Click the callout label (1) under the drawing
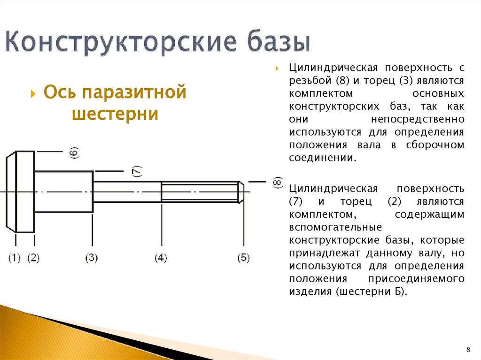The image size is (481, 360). pyautogui.click(x=15, y=258)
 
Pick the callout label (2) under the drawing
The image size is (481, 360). pyautogui.click(x=33, y=258)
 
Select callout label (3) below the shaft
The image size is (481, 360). pyautogui.click(x=91, y=258)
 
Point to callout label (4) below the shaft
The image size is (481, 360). pyautogui.click(x=161, y=258)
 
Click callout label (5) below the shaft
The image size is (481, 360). pyautogui.click(x=243, y=258)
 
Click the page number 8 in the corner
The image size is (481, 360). pyautogui.click(x=468, y=350)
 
